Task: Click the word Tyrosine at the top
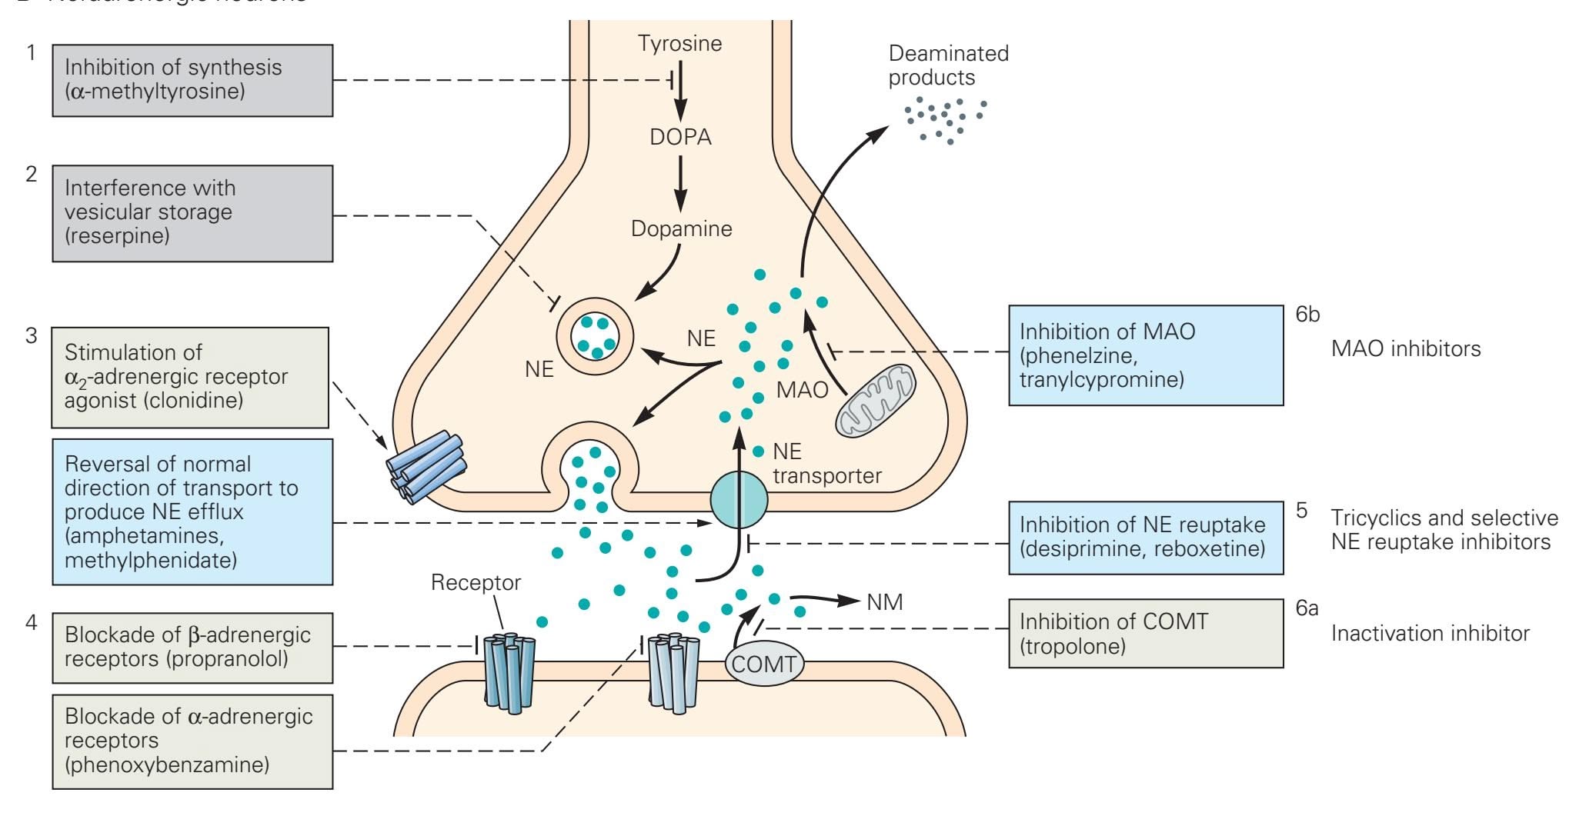click(679, 43)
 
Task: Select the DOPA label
click(680, 137)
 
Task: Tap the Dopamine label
click(681, 228)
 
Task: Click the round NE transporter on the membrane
click(739, 499)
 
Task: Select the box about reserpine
click(192, 213)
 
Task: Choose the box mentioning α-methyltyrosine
click(192, 80)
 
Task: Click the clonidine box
click(190, 377)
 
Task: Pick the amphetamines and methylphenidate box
click(192, 511)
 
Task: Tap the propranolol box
click(192, 647)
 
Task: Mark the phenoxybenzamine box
click(192, 741)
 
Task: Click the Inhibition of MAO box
click(1145, 355)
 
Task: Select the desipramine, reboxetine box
click(1145, 537)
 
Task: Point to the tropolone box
click(1145, 633)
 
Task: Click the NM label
click(884, 602)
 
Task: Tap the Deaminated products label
click(948, 65)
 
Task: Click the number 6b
click(1307, 315)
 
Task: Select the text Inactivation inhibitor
click(1430, 634)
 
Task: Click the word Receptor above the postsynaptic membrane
click(476, 583)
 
